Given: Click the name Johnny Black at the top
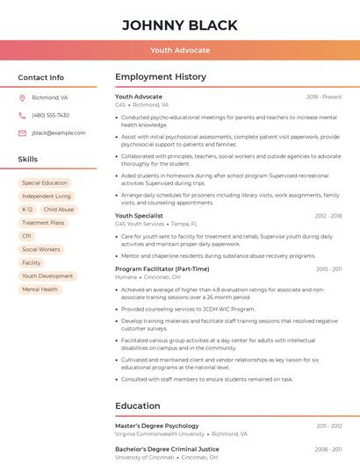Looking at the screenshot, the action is tap(179, 24).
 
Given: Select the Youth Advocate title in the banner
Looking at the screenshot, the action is tap(179, 50).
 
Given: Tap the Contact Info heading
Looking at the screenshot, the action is tap(40, 77).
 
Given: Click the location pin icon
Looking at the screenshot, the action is tap(22, 97).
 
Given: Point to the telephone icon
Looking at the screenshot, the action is tap(22, 115).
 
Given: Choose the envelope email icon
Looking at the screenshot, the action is tap(22, 132).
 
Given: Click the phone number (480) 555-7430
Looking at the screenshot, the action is tap(50, 115).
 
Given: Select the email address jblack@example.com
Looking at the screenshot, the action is tap(58, 132).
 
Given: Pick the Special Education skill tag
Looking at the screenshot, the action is tap(45, 183).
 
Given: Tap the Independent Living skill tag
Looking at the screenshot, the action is tap(47, 197).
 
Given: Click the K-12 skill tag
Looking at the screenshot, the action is tap(27, 210).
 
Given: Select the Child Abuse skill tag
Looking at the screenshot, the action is tap(59, 210).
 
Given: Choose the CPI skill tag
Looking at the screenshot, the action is tap(27, 236).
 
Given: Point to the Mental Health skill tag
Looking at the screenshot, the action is tap(40, 289).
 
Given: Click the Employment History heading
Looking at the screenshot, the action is tap(160, 77).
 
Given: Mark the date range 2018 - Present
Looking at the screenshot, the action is tap(324, 97).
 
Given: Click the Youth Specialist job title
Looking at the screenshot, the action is tap(139, 215).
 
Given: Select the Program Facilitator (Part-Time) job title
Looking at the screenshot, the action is tap(162, 268).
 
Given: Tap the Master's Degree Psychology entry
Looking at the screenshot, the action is tap(156, 426).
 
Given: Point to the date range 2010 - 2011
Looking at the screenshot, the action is tap(328, 268).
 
